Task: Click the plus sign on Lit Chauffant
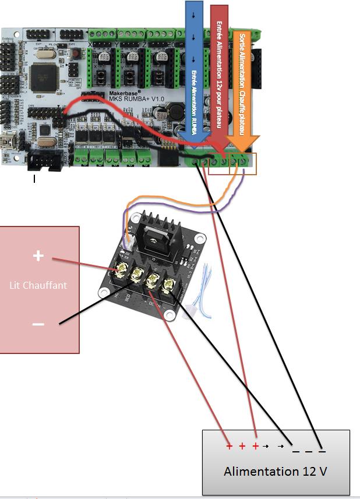click(x=38, y=256)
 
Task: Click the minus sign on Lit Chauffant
click(x=38, y=324)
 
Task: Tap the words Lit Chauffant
click(x=38, y=285)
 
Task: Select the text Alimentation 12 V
click(x=275, y=470)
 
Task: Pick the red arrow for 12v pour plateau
click(x=218, y=76)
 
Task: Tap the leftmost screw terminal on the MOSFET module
click(x=123, y=270)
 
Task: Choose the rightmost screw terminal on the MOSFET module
click(x=168, y=285)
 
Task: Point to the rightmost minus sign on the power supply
click(x=322, y=450)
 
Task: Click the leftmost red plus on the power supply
click(x=230, y=447)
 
